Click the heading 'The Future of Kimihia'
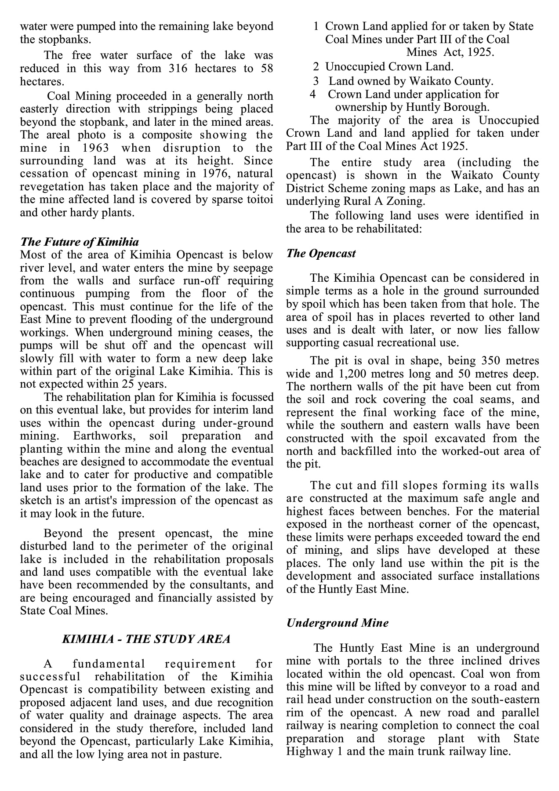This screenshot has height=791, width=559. click(80, 242)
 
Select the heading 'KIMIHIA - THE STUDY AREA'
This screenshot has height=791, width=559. click(146, 639)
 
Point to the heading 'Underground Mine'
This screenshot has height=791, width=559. click(337, 623)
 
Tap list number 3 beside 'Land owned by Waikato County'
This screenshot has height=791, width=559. click(316, 81)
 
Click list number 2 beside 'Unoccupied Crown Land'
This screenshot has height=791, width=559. click(316, 67)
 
